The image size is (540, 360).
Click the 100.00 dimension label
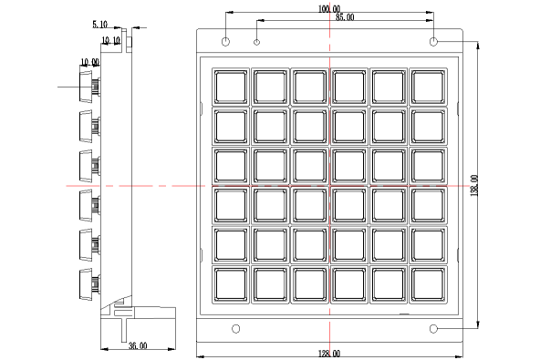coord(329,8)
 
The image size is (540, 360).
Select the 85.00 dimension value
coord(345,17)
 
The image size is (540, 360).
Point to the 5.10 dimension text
coord(99,25)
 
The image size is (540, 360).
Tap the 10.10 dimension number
coord(111,41)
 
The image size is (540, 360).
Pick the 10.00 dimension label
coord(90,63)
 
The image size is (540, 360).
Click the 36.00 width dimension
coord(138,345)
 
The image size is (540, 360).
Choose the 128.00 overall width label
coord(329,354)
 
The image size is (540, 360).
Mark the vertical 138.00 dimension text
coord(474,185)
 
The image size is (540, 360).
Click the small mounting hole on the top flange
coord(256,42)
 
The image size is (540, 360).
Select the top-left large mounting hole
coord(225,42)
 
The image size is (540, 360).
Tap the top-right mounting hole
coord(433,42)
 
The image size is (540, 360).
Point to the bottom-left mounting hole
coord(236,329)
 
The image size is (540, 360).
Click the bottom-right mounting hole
coord(433,329)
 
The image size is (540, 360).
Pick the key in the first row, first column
coord(231,87)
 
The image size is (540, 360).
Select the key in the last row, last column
coord(428,284)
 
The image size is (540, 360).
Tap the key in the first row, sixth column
coord(428,87)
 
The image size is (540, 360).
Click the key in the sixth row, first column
coord(231,284)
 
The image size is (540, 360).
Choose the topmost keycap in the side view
coord(87,87)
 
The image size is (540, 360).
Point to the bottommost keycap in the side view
coord(87,284)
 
